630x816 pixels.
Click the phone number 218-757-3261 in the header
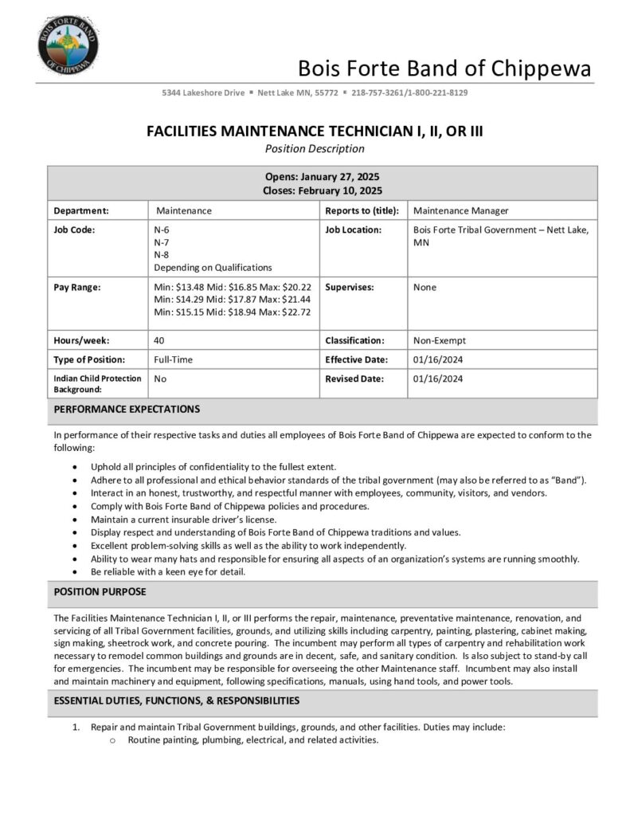tap(378, 93)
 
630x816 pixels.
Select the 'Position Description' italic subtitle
tap(315, 149)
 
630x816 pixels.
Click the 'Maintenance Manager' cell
tap(461, 211)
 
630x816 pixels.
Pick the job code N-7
tap(162, 242)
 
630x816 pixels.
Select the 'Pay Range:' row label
tap(76, 287)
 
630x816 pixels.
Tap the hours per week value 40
tap(159, 340)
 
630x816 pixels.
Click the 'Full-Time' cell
tap(174, 359)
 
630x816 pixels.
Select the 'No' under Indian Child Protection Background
tap(160, 379)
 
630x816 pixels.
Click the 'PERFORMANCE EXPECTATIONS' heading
tap(127, 410)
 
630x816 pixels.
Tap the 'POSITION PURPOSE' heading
tap(100, 593)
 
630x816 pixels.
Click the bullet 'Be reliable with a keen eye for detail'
tap(168, 571)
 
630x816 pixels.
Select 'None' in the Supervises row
tap(425, 287)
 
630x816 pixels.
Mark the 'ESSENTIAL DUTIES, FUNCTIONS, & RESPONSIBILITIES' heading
tap(176, 701)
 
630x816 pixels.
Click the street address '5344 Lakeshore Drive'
tap(203, 93)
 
